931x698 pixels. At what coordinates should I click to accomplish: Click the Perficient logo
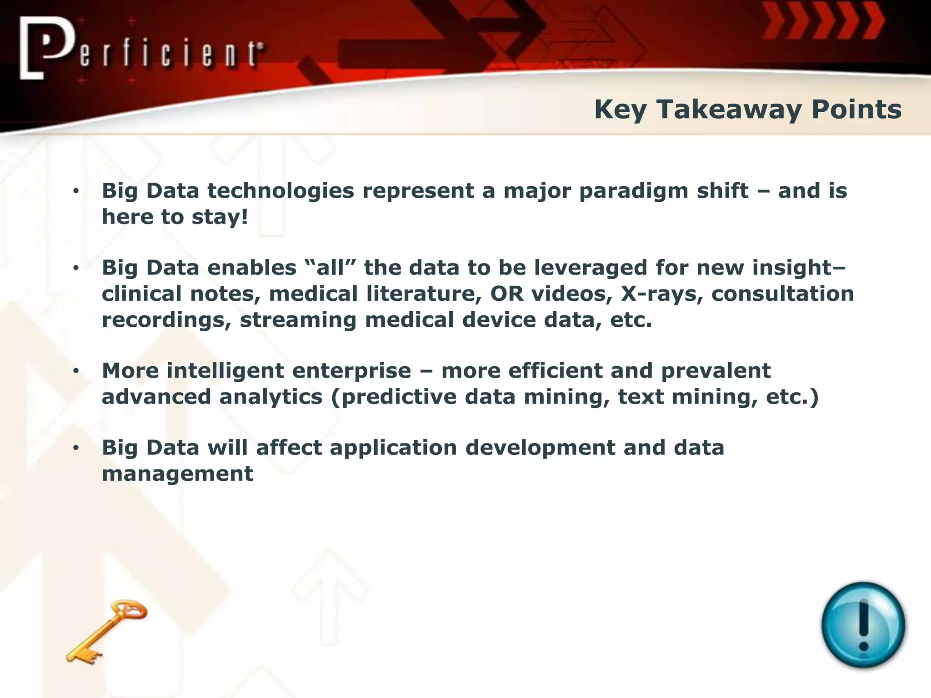click(141, 49)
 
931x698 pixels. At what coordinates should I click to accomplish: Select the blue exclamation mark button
click(863, 625)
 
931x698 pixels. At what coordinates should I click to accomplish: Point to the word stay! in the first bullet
click(220, 217)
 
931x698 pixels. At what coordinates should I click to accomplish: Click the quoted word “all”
click(330, 267)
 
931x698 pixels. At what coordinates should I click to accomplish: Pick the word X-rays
click(662, 294)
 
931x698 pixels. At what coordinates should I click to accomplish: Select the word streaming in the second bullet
click(298, 319)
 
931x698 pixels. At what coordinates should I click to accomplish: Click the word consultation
click(782, 294)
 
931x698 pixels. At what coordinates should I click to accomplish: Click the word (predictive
click(394, 397)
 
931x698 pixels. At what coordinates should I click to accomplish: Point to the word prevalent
click(716, 370)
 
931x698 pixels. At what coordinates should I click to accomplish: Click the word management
click(177, 474)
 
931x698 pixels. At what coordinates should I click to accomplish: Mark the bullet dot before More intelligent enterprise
click(76, 371)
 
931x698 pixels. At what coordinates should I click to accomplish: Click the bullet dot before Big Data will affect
click(76, 449)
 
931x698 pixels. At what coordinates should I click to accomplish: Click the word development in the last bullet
click(540, 448)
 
